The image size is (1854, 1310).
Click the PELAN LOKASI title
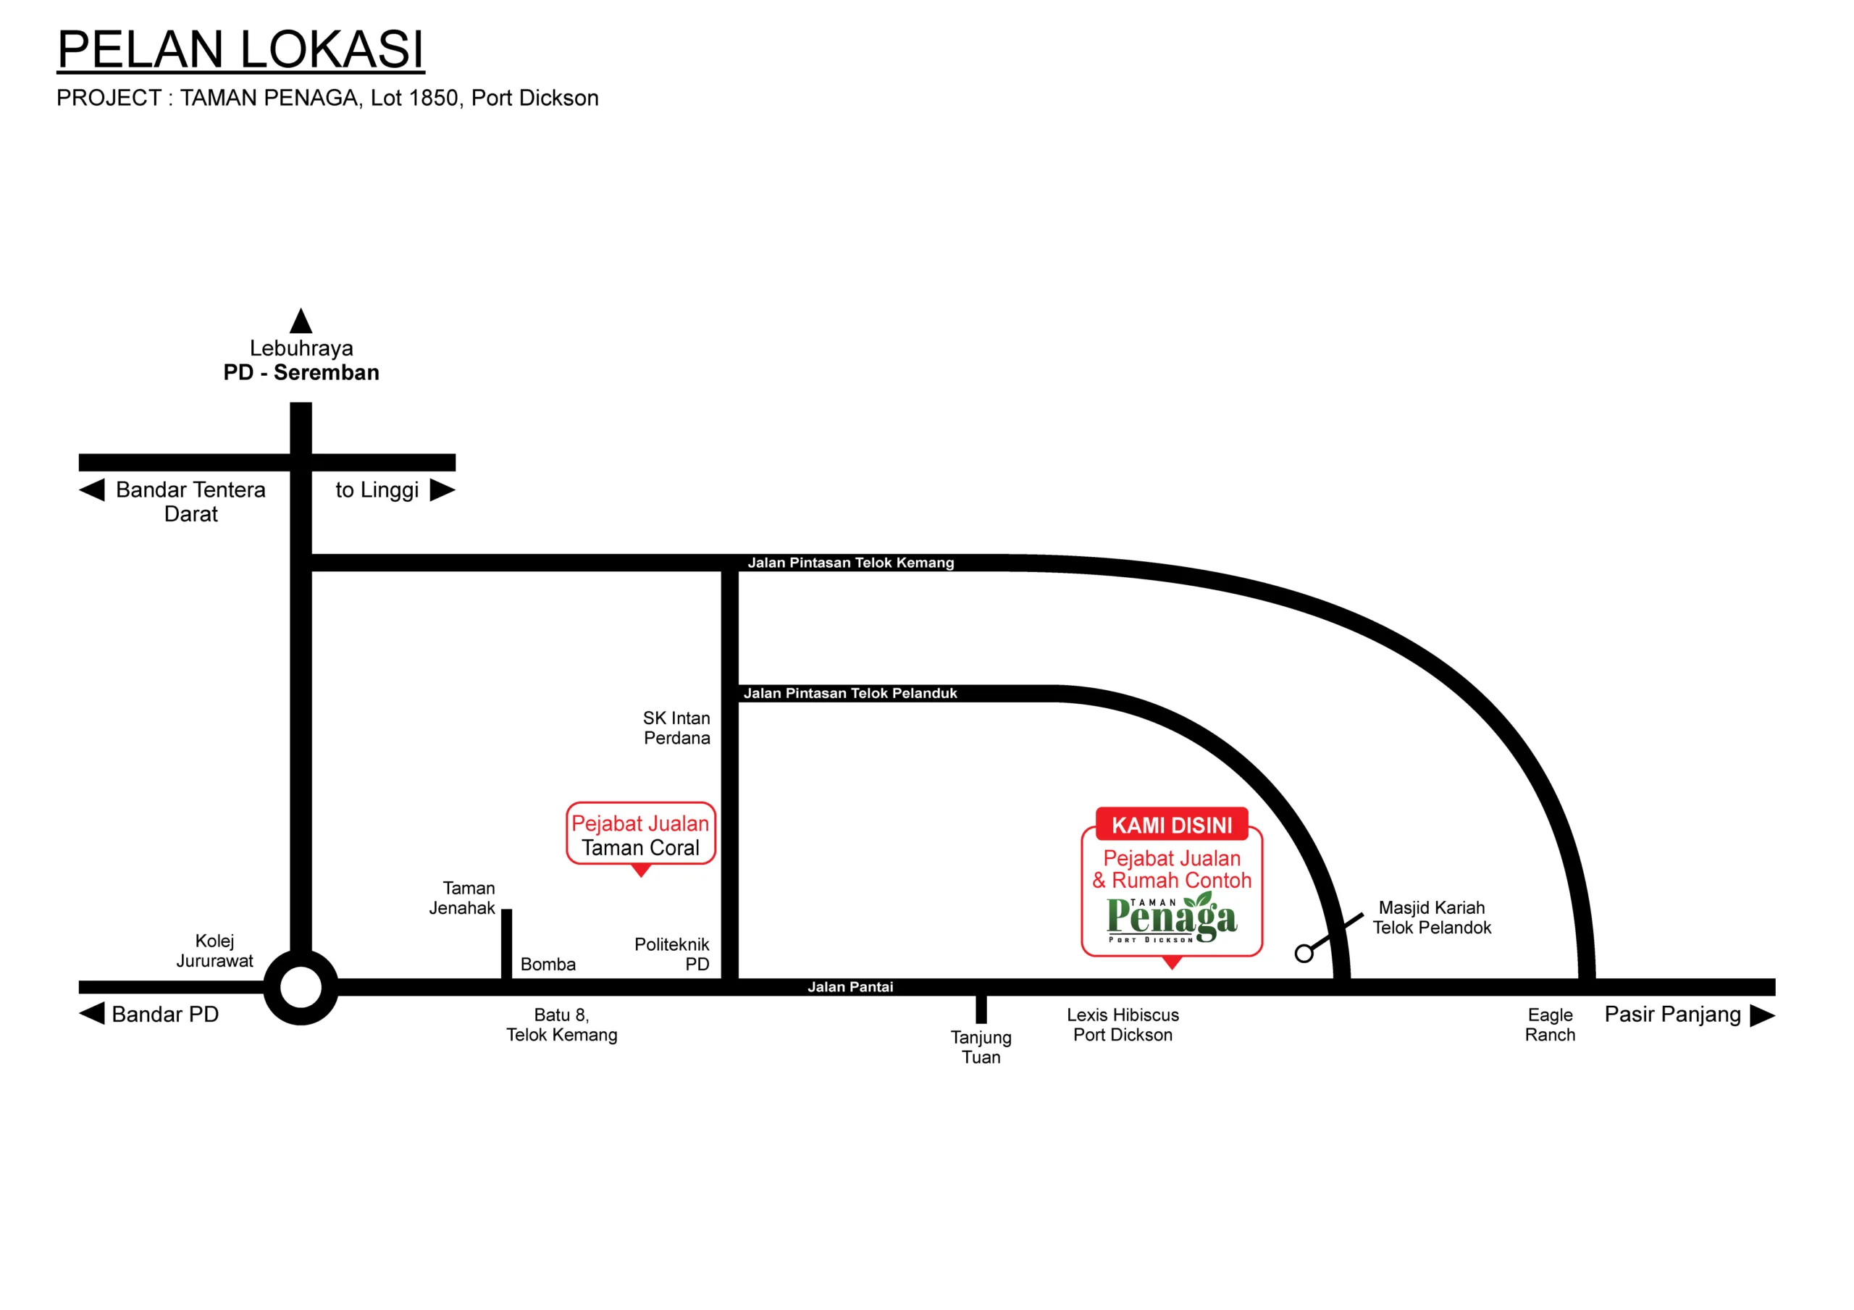240,50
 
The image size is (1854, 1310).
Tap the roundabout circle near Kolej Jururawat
301,987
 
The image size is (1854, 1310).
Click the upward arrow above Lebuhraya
301,321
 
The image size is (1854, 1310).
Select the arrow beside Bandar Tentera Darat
92,490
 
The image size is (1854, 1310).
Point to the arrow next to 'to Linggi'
442,490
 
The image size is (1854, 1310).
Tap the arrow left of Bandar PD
92,1014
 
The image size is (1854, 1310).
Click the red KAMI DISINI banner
1172,825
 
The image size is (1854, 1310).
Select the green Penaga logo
1172,918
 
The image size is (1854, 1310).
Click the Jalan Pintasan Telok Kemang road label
850,563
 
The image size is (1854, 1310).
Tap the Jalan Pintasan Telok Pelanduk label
850,693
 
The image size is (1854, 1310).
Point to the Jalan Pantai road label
850,987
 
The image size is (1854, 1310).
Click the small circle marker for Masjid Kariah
1304,954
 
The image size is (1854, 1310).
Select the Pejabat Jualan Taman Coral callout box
640,834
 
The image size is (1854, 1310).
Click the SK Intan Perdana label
676,728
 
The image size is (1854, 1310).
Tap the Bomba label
548,965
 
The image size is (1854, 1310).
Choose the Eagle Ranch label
1550,1025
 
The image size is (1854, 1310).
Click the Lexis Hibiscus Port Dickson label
1123,1025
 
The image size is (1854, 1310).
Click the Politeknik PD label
672,954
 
